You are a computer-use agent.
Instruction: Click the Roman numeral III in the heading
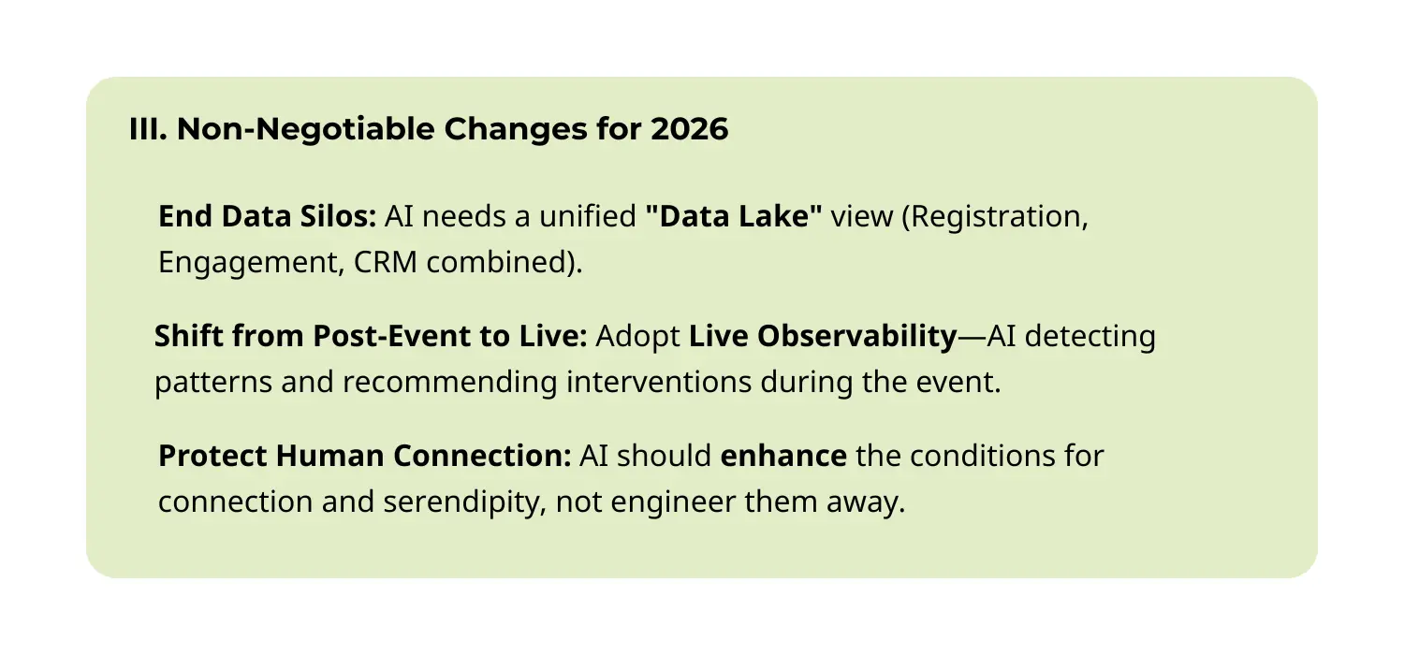point(147,130)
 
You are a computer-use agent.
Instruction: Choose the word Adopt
point(637,336)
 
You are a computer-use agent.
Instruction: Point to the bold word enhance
point(783,456)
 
